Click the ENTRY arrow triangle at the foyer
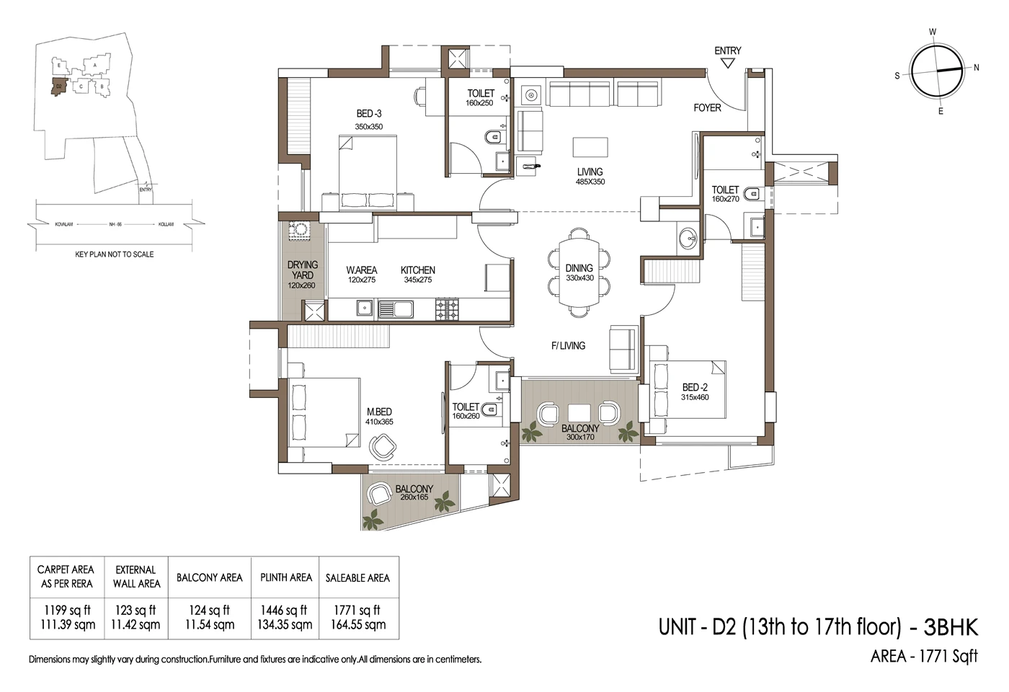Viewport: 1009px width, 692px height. pos(727,63)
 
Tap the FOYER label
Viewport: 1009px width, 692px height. pos(707,108)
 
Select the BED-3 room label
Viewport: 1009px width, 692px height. pos(369,114)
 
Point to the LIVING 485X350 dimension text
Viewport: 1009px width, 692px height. pos(590,182)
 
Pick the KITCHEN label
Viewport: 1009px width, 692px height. pos(418,270)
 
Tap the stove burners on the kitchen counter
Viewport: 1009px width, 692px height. pos(447,309)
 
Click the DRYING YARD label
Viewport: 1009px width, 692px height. pos(302,270)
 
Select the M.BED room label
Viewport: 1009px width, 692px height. pos(379,412)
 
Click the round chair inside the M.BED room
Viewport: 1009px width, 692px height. pos(382,448)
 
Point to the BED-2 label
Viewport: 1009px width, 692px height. pos(695,387)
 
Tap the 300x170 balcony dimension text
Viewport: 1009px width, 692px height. pos(580,437)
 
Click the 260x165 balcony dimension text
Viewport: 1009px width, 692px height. pos(414,497)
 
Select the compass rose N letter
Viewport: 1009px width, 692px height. pos(977,68)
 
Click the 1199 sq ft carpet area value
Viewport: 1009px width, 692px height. pos(67,611)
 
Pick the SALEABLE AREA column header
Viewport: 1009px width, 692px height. pos(357,578)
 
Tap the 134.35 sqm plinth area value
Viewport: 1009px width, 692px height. pos(285,625)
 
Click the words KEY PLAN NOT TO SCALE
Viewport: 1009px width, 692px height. pos(115,254)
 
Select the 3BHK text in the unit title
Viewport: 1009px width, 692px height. pos(951,627)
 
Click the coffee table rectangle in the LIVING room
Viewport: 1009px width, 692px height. pos(590,147)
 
